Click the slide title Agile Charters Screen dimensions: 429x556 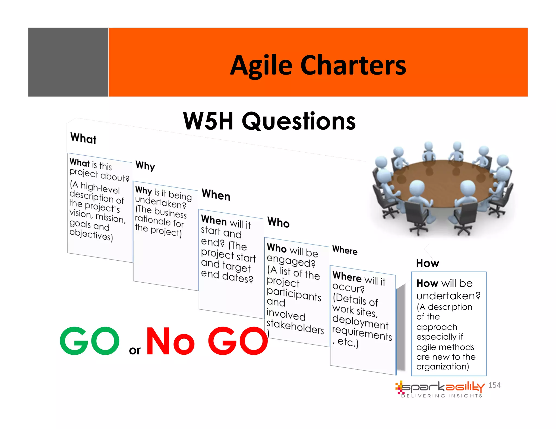click(x=318, y=65)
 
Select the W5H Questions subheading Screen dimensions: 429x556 click(x=269, y=121)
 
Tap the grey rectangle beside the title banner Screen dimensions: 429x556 click(x=68, y=62)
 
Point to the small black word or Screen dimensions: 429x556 click(x=135, y=350)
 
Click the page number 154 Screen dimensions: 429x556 click(x=494, y=385)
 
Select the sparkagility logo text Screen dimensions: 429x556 click(x=443, y=387)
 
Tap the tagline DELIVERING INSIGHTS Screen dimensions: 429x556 click(x=442, y=396)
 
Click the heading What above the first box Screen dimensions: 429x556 click(x=83, y=138)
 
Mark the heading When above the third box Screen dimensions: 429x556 click(x=216, y=195)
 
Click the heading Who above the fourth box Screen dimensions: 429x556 click(x=278, y=222)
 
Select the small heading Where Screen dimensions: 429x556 click(x=345, y=250)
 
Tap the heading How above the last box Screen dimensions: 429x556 click(x=428, y=263)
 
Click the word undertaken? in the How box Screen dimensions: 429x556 click(x=448, y=296)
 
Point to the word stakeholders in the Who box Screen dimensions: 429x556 click(x=295, y=327)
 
